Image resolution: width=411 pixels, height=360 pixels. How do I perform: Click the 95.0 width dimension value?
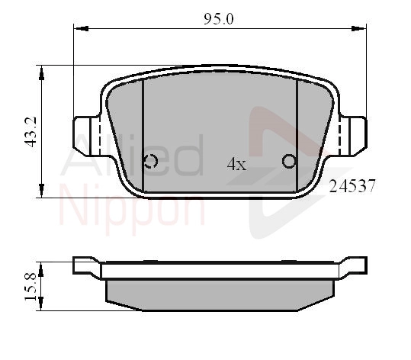(x=218, y=19)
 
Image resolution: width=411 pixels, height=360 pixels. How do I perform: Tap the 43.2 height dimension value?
(x=31, y=132)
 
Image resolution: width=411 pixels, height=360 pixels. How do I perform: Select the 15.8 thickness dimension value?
(x=31, y=286)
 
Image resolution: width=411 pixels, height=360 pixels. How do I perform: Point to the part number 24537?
(x=352, y=186)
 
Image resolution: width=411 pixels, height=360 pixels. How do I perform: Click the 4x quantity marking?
(x=236, y=164)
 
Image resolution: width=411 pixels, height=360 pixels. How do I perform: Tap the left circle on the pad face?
(x=151, y=161)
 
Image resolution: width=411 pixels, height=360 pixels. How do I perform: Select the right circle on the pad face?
(x=289, y=161)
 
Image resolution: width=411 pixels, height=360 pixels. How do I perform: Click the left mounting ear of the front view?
(x=86, y=137)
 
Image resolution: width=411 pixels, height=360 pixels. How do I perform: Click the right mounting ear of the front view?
(x=352, y=137)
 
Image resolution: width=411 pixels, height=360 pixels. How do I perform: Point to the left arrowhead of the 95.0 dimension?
(x=81, y=28)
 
